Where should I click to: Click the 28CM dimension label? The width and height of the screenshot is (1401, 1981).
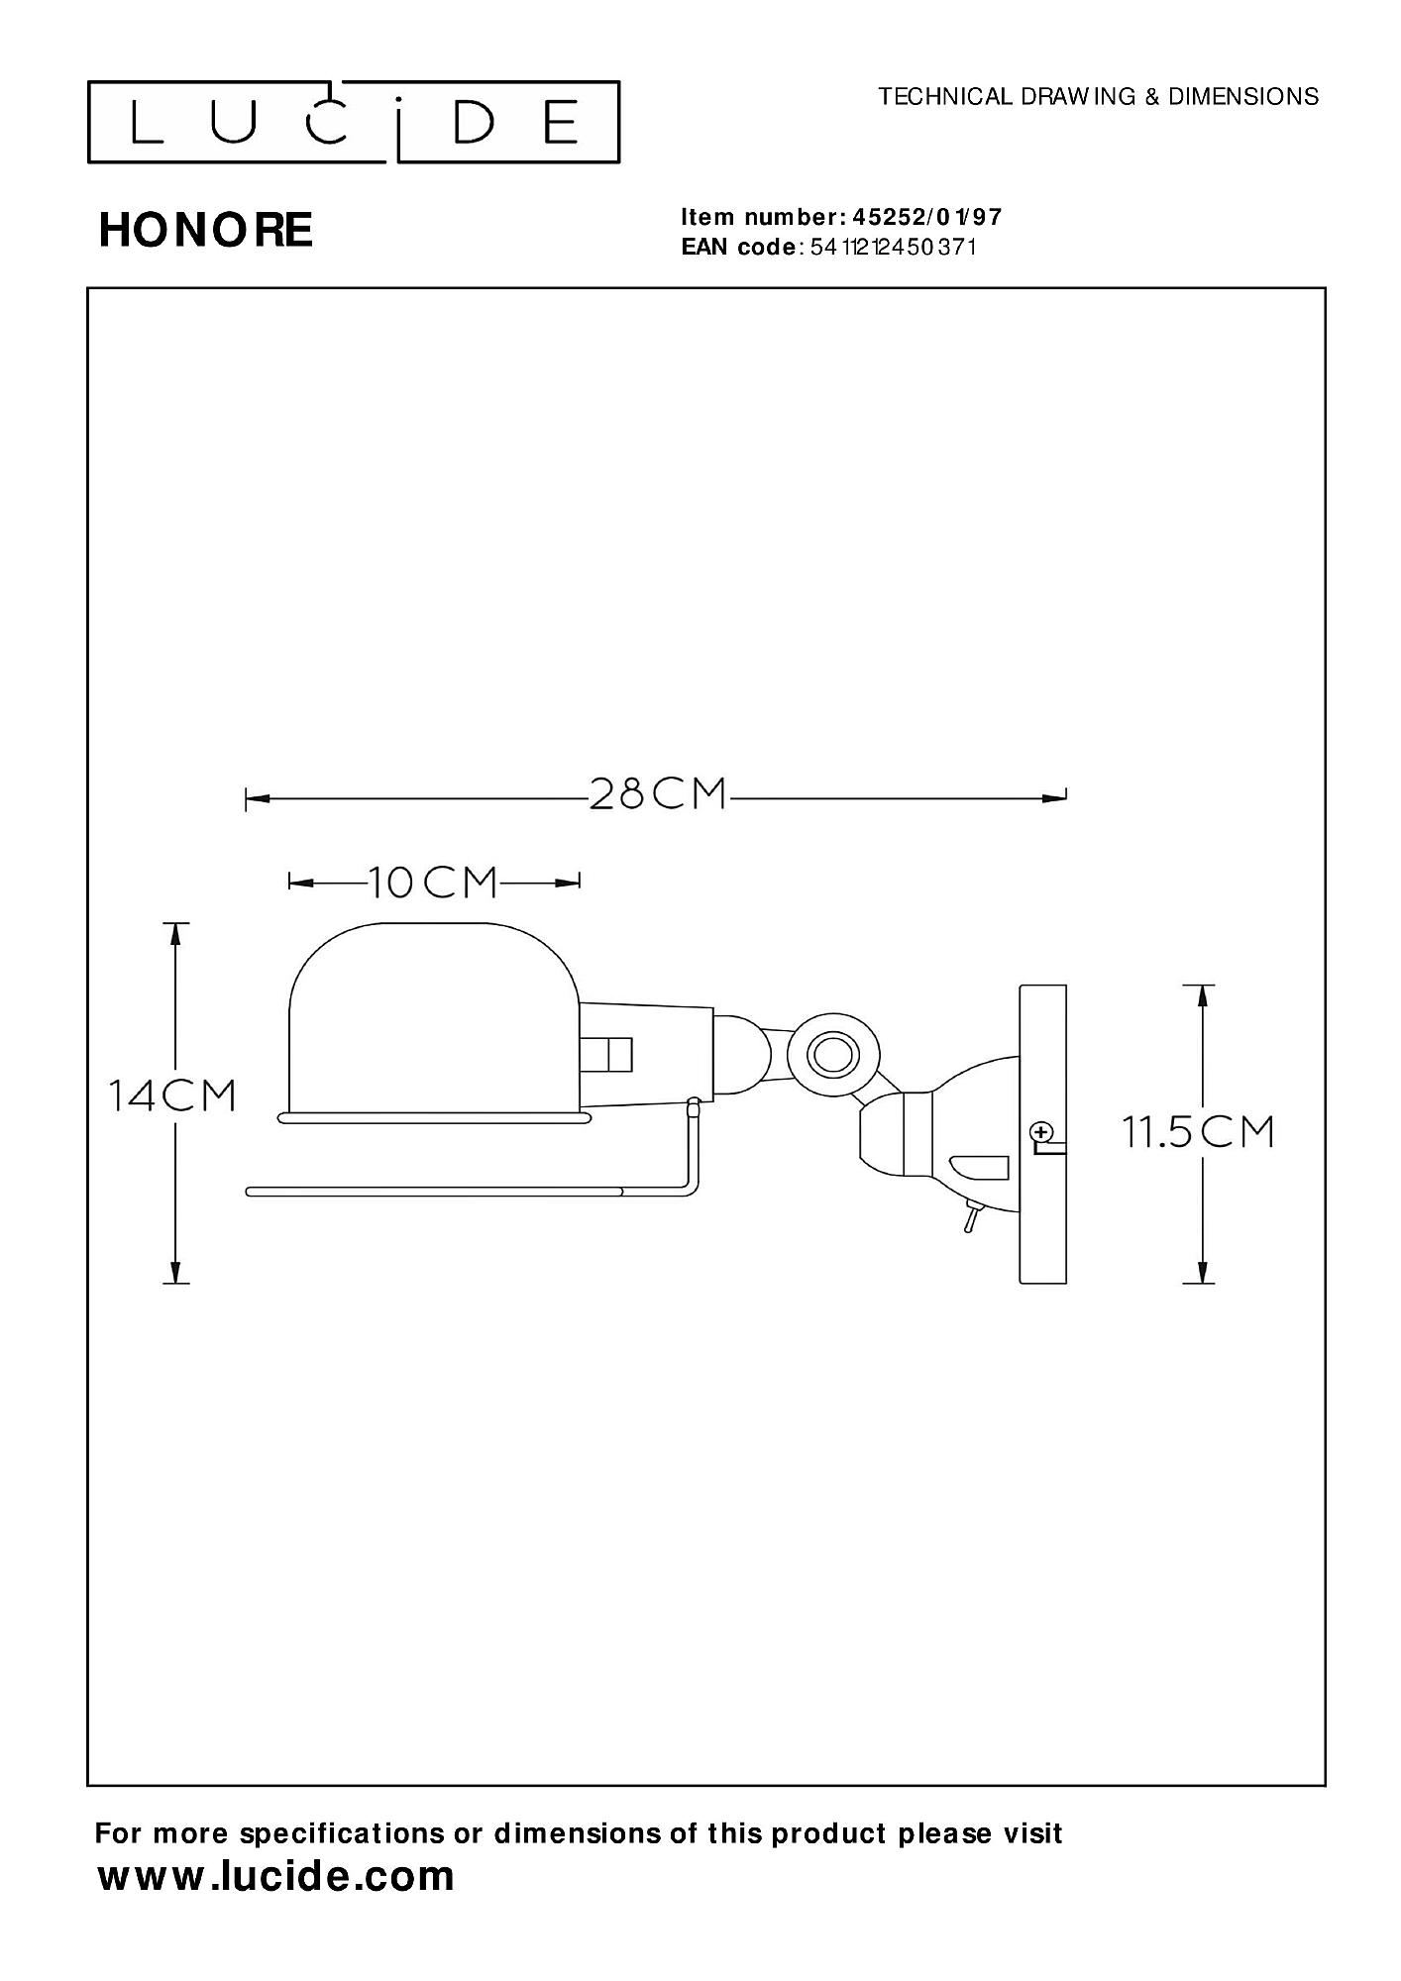tap(658, 794)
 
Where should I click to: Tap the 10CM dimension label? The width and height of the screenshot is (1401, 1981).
tap(433, 882)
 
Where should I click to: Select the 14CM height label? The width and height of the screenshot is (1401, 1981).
tap(172, 1095)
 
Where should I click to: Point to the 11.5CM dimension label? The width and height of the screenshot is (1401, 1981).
tap(1197, 1131)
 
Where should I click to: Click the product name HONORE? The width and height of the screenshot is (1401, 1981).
tap(206, 230)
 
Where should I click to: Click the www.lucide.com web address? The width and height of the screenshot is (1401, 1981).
tap(276, 1876)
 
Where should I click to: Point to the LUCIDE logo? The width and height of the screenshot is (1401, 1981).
tap(354, 122)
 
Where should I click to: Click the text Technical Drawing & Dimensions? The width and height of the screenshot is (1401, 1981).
tap(1099, 96)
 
